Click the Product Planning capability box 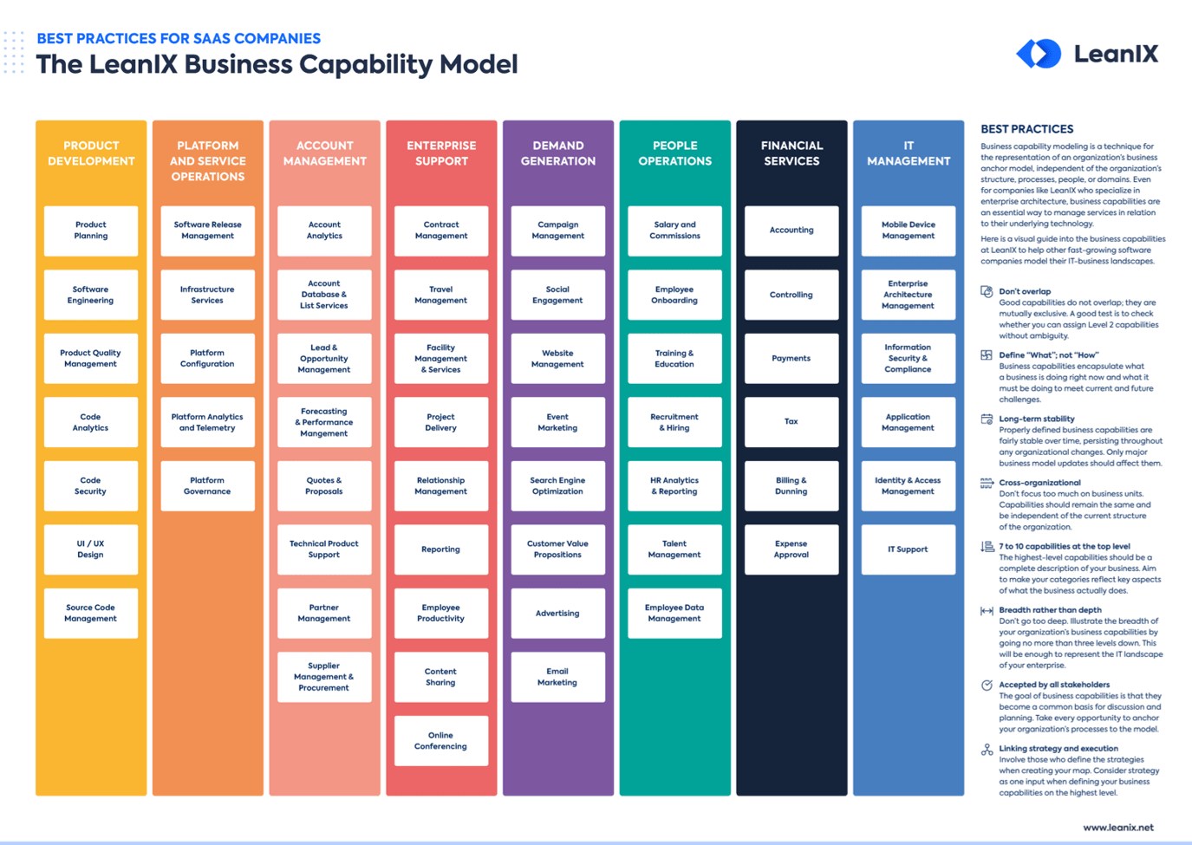91,231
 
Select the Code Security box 91,485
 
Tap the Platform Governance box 207,485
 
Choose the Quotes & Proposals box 324,485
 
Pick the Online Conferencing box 440,741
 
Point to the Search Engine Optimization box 557,485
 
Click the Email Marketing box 557,677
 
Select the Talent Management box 674,549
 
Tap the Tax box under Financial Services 791,422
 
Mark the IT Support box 908,549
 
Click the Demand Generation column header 558,153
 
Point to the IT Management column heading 909,153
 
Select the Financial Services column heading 791,153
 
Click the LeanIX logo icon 1039,54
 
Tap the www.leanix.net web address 1118,828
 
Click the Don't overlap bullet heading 1025,292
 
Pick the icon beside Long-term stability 987,419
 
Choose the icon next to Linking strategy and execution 987,750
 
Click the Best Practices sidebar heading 1027,129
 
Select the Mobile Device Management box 908,231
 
